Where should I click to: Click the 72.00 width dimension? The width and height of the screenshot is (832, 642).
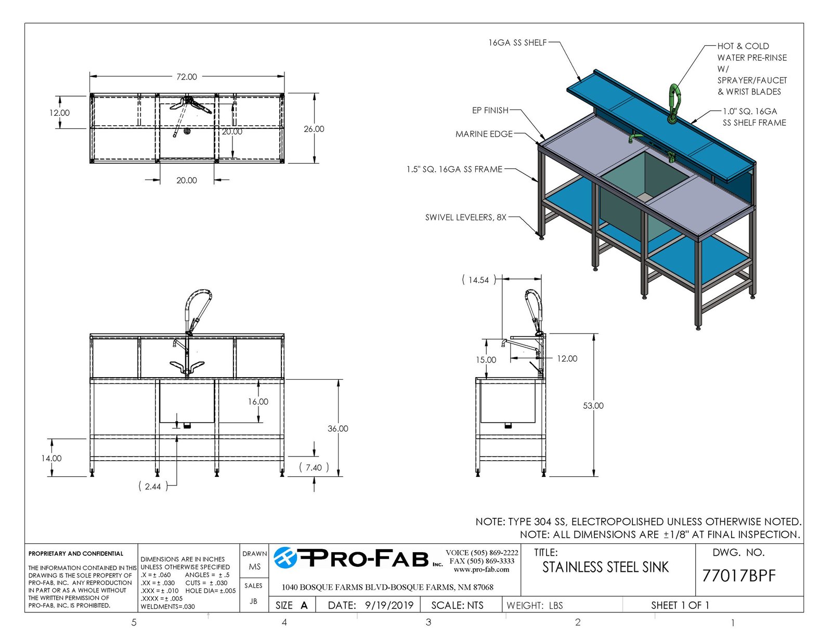pos(187,76)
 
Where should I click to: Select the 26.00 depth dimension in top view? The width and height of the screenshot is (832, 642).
pos(314,129)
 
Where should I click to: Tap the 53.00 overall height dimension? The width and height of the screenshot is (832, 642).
pos(593,406)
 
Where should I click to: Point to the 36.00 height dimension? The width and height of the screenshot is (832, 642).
pos(337,429)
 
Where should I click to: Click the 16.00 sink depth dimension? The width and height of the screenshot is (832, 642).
pos(258,402)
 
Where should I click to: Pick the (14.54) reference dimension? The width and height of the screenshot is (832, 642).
pos(478,280)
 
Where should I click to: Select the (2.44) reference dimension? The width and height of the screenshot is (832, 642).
pos(153,486)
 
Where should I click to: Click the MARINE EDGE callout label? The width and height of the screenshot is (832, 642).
pos(484,134)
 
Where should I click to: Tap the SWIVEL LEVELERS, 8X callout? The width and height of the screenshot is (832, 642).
pos(465,217)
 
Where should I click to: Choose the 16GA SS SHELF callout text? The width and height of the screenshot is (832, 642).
pos(517,43)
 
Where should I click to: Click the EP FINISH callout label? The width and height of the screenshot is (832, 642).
pos(490,110)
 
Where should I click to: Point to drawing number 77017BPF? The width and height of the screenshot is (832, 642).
pos(739,576)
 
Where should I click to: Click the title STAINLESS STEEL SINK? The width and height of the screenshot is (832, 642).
pos(605,567)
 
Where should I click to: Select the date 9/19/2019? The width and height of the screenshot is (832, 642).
pos(389,605)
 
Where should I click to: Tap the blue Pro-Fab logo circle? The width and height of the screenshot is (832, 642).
pos(285,558)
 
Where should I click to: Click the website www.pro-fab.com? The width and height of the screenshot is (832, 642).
pos(482,570)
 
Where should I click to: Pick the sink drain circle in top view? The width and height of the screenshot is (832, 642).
pos(187,131)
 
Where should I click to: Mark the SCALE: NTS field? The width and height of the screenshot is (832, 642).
pos(457,605)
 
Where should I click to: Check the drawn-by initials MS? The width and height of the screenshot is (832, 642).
pos(254,567)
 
